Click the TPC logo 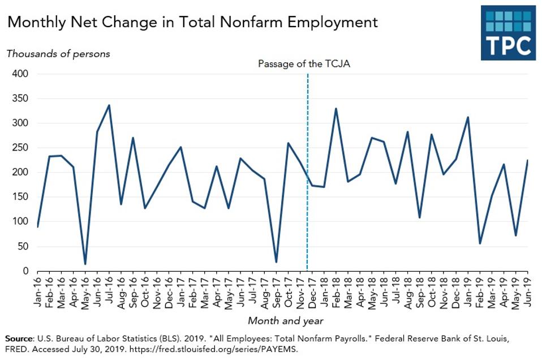pyautogui.click(x=507, y=32)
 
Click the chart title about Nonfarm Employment pyautogui.click(x=192, y=22)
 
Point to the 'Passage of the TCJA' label pyautogui.click(x=304, y=63)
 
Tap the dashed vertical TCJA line pyautogui.click(x=307, y=170)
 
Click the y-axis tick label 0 pyautogui.click(x=26, y=271)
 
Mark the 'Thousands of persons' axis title pyautogui.click(x=58, y=54)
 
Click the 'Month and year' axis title pyautogui.click(x=286, y=320)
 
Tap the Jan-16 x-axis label pyautogui.click(x=37, y=292)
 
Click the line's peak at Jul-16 pyautogui.click(x=109, y=105)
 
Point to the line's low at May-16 pyautogui.click(x=85, y=264)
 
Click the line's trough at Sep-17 pyautogui.click(x=276, y=262)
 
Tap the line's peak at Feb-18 pyautogui.click(x=336, y=109)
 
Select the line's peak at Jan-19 pyautogui.click(x=468, y=117)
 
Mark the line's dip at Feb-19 pyautogui.click(x=480, y=243)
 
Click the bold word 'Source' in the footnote pyautogui.click(x=18, y=338)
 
